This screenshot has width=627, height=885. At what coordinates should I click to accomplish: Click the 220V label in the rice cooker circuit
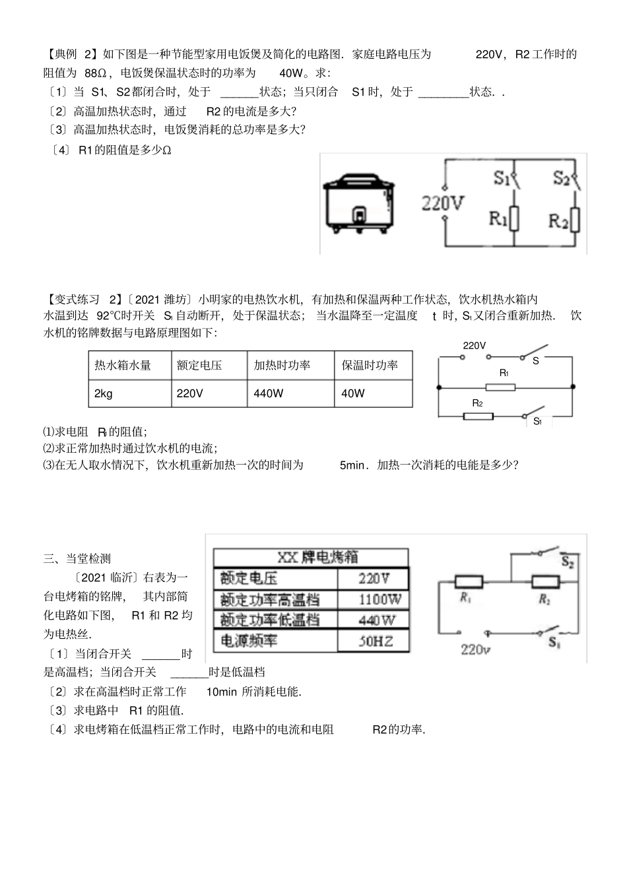(x=443, y=203)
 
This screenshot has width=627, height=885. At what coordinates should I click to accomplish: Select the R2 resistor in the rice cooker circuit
(x=575, y=220)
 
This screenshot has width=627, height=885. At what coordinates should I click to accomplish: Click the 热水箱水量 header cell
(x=123, y=365)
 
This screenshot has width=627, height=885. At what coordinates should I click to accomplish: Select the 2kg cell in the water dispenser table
(x=104, y=393)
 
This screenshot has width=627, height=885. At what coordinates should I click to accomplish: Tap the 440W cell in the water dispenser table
(x=269, y=393)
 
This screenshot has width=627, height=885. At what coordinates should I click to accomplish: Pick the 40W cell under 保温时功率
(x=353, y=393)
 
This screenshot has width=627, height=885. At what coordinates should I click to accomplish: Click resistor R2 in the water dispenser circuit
(x=478, y=416)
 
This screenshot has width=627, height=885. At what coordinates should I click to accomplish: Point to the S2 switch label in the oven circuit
(x=567, y=562)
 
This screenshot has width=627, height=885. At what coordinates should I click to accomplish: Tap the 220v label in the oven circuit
(x=474, y=649)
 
